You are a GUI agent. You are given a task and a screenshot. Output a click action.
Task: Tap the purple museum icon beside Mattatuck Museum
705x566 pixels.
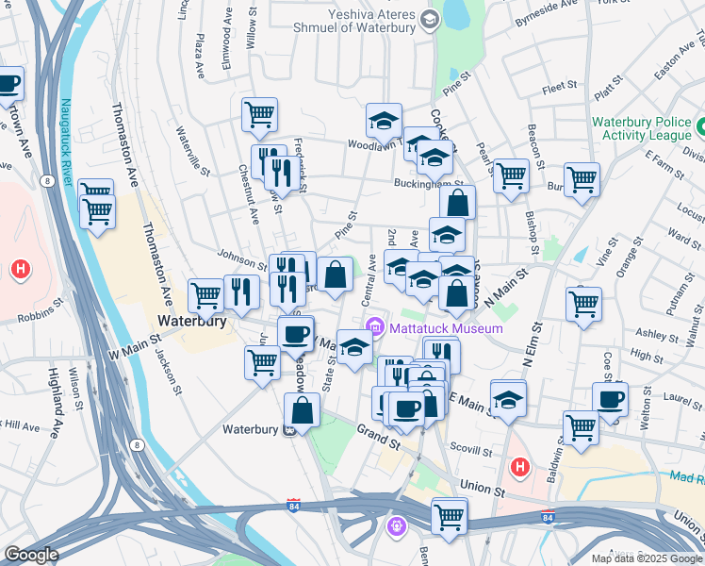coord(377,327)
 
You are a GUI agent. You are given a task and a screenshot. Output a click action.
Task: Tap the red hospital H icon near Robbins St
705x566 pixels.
coord(19,271)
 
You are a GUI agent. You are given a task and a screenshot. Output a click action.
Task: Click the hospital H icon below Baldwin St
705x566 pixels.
coord(518,467)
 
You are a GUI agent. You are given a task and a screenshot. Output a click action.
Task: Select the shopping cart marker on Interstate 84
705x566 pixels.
coord(450,516)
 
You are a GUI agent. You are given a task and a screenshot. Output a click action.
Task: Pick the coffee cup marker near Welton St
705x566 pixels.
coord(610,399)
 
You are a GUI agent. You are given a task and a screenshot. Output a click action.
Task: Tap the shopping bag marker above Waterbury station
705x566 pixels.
coord(302,410)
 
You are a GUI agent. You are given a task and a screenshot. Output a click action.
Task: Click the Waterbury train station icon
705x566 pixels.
coord(290,430)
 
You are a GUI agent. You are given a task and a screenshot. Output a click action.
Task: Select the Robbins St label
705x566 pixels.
coord(37,306)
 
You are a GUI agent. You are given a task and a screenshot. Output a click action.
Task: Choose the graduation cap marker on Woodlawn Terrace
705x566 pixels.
coord(384,120)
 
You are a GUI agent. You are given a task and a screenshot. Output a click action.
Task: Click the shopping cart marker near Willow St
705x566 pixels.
coord(259,115)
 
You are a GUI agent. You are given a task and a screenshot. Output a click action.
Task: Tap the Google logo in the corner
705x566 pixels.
coord(30,555)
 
